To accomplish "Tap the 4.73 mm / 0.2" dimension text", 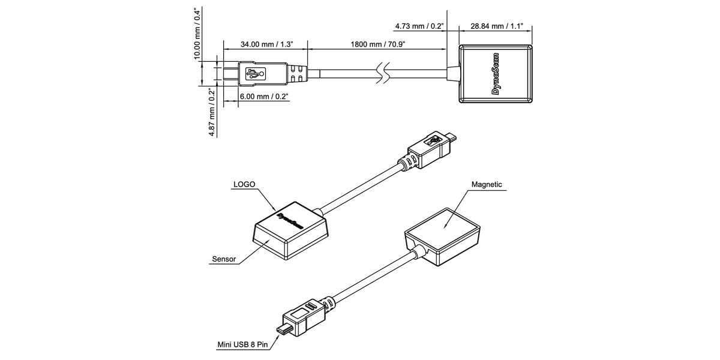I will click(419, 26).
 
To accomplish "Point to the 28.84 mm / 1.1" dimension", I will click(497, 26).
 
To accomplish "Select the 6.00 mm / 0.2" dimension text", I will click(264, 96).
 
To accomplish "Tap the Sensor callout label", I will click(224, 260).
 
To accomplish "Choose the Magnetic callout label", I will click(487, 185).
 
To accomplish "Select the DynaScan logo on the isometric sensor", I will click(288, 220).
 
